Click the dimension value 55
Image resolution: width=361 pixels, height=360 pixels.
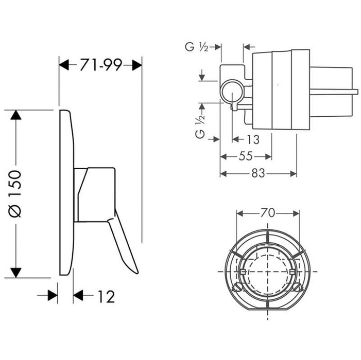[x=246, y=157]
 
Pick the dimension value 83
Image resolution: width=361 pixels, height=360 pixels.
[x=258, y=174]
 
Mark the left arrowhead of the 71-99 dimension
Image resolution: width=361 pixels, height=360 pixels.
[x=64, y=65]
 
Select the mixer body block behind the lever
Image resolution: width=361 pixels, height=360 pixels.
[x=95, y=194]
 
